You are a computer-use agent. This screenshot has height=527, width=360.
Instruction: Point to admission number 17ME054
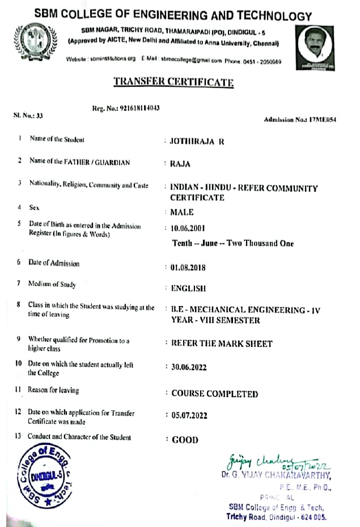(x=300, y=120)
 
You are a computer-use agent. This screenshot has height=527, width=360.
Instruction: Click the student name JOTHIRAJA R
(x=197, y=141)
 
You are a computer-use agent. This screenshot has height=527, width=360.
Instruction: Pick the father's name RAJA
(x=180, y=164)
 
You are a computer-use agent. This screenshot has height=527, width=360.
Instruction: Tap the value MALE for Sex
(x=181, y=212)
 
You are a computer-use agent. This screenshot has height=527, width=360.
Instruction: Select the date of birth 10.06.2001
(x=189, y=229)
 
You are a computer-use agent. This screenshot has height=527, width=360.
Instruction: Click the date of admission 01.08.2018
(x=189, y=266)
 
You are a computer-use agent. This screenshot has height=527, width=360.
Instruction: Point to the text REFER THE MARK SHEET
(x=222, y=343)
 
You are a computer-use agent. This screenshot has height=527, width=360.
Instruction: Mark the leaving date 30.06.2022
(x=189, y=367)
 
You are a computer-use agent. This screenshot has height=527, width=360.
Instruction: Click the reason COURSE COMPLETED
(x=214, y=394)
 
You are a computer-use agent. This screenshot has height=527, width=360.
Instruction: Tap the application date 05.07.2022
(x=189, y=415)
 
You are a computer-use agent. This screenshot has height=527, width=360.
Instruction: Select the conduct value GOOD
(x=185, y=440)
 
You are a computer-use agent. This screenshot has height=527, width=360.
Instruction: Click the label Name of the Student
(x=57, y=139)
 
